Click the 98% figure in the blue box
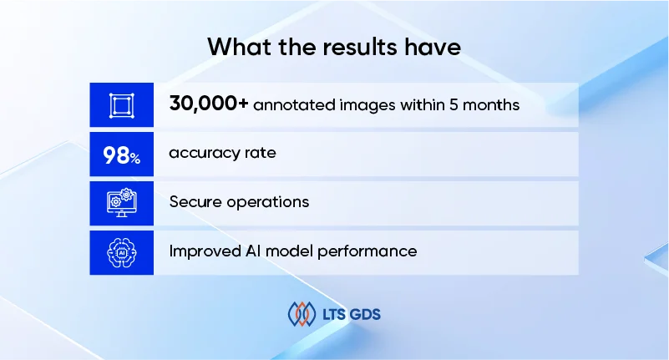pyautogui.click(x=121, y=155)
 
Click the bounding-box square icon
pyautogui.click(x=121, y=105)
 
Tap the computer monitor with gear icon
pyautogui.click(x=121, y=203)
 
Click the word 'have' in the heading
pyautogui.click(x=433, y=46)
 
